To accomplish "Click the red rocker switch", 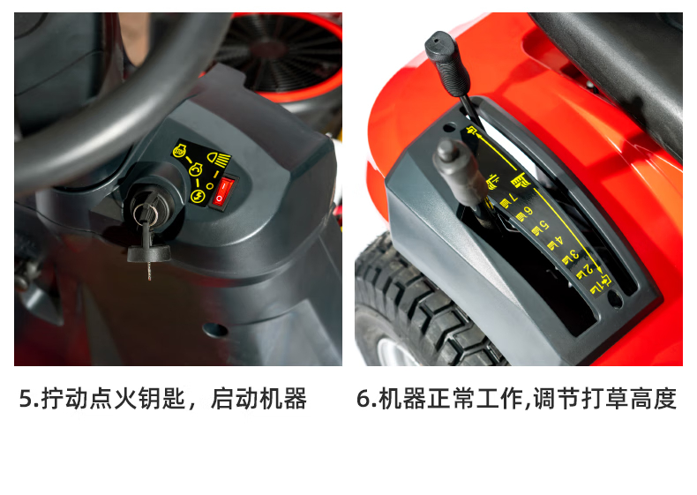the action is [221, 192].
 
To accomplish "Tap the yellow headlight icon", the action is [219, 158].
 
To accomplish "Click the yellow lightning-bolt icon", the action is [197, 196].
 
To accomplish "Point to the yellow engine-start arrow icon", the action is [196, 170].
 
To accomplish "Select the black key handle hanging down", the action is [149, 252].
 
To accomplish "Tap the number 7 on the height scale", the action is [513, 198].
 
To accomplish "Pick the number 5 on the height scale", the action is [543, 226].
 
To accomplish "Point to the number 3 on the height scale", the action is [573, 255].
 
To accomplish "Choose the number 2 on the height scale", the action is [588, 269].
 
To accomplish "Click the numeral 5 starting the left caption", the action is [25, 399].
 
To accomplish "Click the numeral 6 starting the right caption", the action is [363, 399].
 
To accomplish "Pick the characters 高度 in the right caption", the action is [654, 398].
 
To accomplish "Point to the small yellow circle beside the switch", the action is [209, 187].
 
